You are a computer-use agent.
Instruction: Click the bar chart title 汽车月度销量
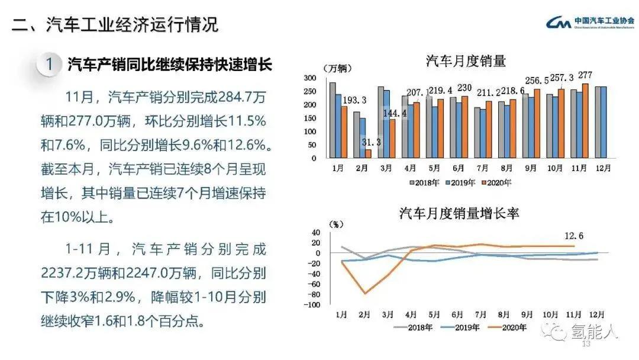point(466,60)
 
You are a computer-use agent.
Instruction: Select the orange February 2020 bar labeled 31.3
point(368,154)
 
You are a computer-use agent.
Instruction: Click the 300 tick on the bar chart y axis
point(309,78)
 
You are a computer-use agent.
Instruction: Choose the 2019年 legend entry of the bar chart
point(459,182)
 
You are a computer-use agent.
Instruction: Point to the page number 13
point(587,344)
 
